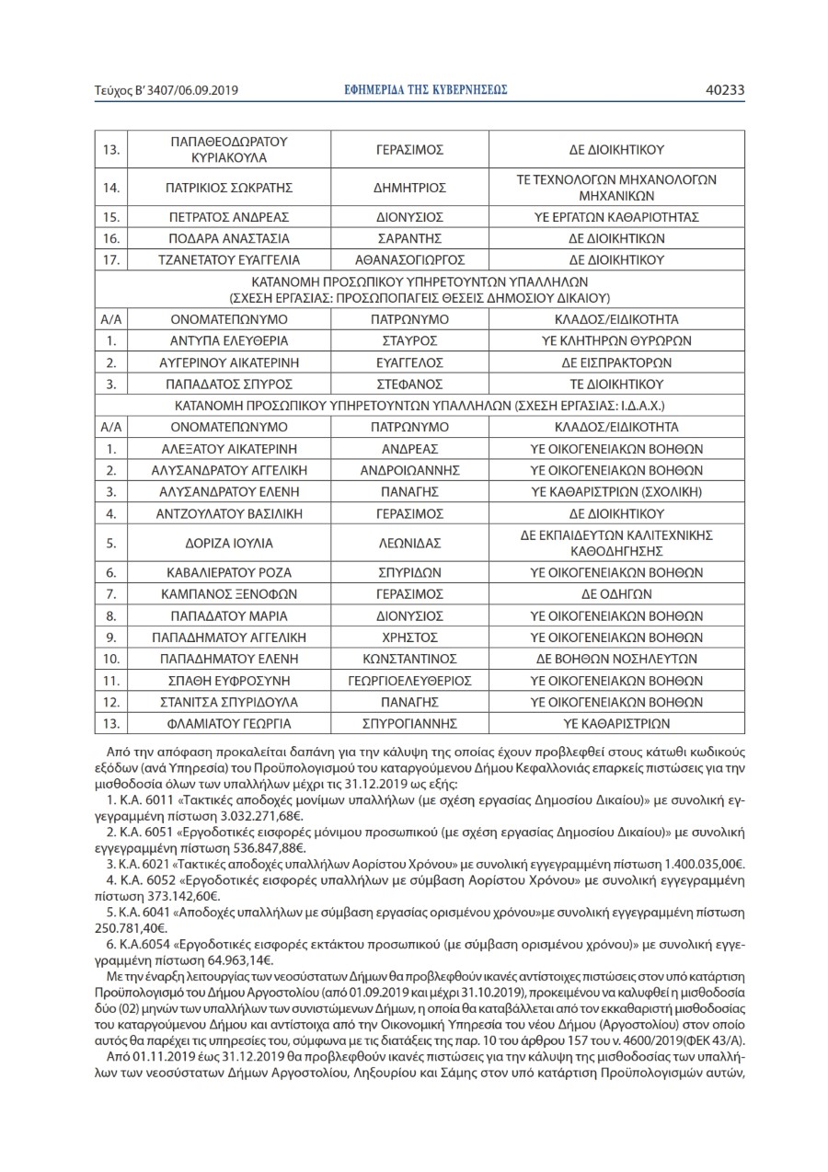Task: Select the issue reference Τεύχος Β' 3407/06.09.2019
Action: click(167, 90)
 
